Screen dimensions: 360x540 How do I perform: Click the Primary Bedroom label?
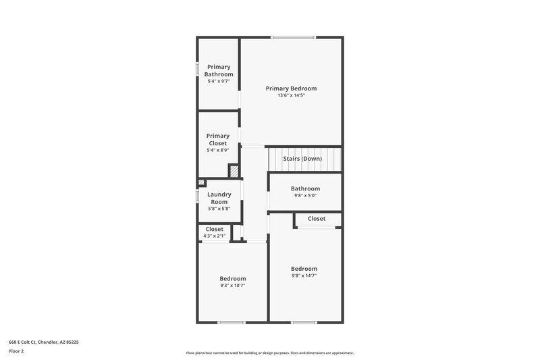[291, 88]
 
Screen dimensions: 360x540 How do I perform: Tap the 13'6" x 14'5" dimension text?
[291, 96]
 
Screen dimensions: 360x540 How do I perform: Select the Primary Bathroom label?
[218, 70]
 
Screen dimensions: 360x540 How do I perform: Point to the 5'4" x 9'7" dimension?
[218, 81]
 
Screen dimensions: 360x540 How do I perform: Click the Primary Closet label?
[218, 140]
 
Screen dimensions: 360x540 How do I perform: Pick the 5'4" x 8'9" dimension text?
[218, 151]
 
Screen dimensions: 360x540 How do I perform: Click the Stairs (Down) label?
[302, 159]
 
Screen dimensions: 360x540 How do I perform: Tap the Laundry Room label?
[219, 198]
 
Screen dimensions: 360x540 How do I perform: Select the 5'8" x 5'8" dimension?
[219, 209]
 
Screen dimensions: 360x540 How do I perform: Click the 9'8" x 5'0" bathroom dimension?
[305, 196]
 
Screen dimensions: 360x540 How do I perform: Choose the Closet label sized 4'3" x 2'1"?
[215, 229]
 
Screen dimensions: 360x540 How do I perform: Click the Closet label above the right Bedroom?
[317, 219]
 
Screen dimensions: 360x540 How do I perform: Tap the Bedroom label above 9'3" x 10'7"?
[232, 278]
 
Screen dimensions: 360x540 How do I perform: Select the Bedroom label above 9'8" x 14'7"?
[304, 269]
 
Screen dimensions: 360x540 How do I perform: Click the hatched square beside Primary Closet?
[234, 172]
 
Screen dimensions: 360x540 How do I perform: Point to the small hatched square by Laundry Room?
[201, 182]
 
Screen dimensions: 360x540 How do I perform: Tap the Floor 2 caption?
[16, 351]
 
